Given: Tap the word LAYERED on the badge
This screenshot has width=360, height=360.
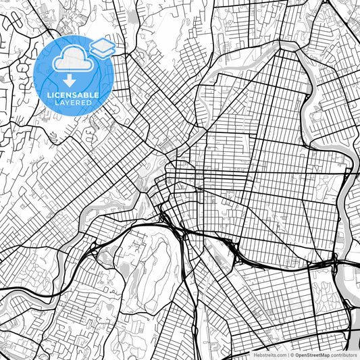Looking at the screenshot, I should (x=70, y=103).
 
